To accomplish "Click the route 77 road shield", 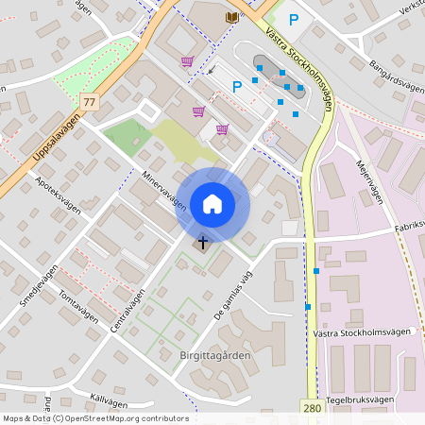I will (90, 101).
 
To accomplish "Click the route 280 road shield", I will (312, 407).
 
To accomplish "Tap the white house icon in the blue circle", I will (212, 204).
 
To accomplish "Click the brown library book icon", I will (231, 17).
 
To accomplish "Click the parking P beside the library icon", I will (293, 20).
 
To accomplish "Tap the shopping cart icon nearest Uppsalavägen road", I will (187, 62).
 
